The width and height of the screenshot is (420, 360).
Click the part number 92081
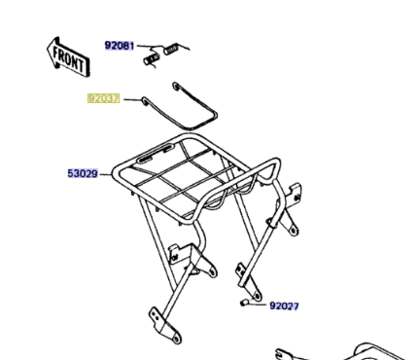tap(119, 46)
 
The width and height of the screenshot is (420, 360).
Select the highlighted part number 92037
tap(103, 98)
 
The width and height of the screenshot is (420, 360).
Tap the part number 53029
tap(83, 173)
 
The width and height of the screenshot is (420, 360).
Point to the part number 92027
tap(284, 306)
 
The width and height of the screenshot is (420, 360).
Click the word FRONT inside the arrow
tap(69, 59)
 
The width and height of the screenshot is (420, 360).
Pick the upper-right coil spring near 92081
tap(171, 49)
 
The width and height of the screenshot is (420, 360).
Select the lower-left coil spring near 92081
tap(152, 59)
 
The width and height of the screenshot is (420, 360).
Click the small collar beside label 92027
tap(244, 303)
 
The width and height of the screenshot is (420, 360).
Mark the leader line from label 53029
tap(105, 174)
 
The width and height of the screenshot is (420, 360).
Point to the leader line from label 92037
tap(132, 99)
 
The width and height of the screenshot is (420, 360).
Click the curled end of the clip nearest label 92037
tap(145, 101)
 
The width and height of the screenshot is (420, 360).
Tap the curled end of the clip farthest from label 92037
tap(176, 86)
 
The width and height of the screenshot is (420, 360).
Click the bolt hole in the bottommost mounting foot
tap(176, 339)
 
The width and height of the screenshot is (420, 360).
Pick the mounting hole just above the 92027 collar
tap(257, 296)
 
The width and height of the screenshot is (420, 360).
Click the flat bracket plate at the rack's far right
tap(294, 193)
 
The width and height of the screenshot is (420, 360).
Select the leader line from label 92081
tap(150, 47)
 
